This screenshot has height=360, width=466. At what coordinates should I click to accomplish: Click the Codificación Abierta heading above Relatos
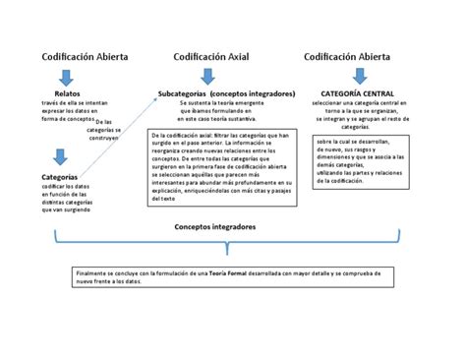[85, 57]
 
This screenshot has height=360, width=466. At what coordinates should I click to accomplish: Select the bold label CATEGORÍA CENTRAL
[350, 93]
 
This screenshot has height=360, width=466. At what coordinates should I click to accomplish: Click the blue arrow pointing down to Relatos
[65, 77]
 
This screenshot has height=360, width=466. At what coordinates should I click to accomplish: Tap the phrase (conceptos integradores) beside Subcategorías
[252, 93]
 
